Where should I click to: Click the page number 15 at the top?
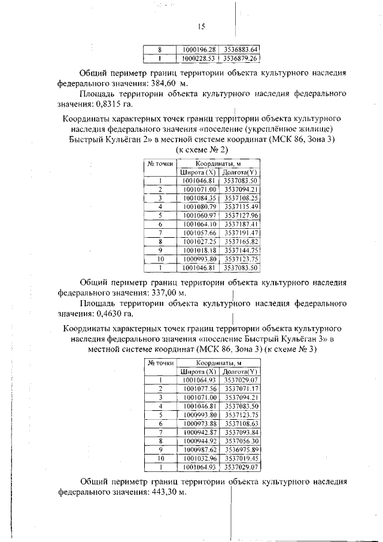202,26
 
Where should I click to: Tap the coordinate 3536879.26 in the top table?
241,59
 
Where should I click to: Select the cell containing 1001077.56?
199,388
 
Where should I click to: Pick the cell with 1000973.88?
199,423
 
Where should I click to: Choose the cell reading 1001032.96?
199,458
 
